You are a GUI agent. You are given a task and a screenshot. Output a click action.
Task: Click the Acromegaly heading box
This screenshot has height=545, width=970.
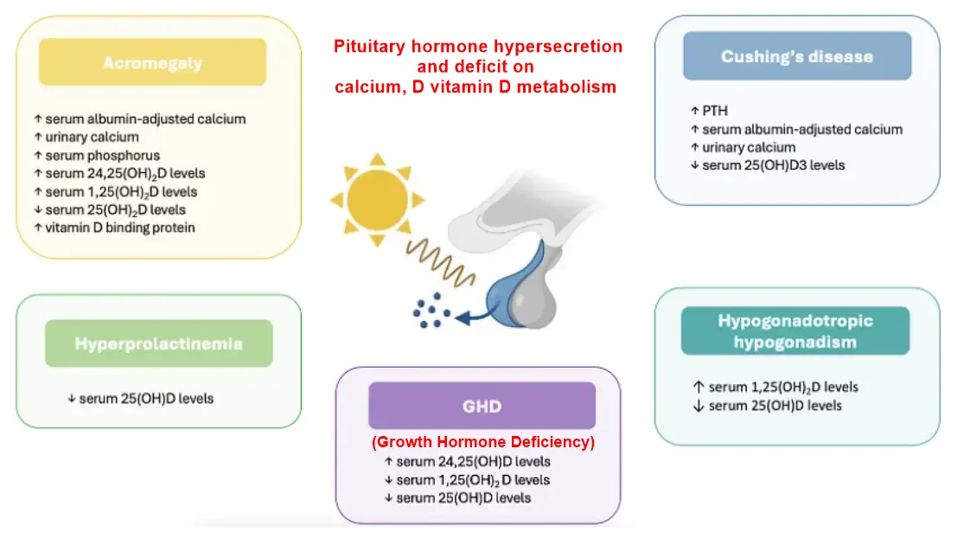tap(152, 62)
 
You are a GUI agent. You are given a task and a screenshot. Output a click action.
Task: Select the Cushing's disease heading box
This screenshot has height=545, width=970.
tap(796, 56)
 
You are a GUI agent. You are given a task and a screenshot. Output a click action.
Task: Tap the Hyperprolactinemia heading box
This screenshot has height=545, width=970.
tap(158, 343)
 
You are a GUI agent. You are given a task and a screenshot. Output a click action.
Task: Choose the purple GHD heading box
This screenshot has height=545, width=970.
tap(482, 406)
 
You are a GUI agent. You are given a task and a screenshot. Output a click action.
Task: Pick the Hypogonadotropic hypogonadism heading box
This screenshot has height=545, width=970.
tap(795, 330)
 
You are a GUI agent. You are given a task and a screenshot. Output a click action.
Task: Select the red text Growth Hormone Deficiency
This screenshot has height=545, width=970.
tap(482, 442)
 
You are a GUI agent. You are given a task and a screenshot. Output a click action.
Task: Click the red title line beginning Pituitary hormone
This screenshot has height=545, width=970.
tap(478, 47)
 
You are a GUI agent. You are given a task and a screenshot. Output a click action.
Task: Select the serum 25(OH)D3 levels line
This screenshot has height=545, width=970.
tap(767, 164)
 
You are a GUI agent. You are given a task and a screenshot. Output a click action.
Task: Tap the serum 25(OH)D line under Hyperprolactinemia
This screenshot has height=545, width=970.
tap(140, 399)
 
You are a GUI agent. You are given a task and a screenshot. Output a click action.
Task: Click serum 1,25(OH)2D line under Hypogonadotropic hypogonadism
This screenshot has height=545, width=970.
tap(776, 387)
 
